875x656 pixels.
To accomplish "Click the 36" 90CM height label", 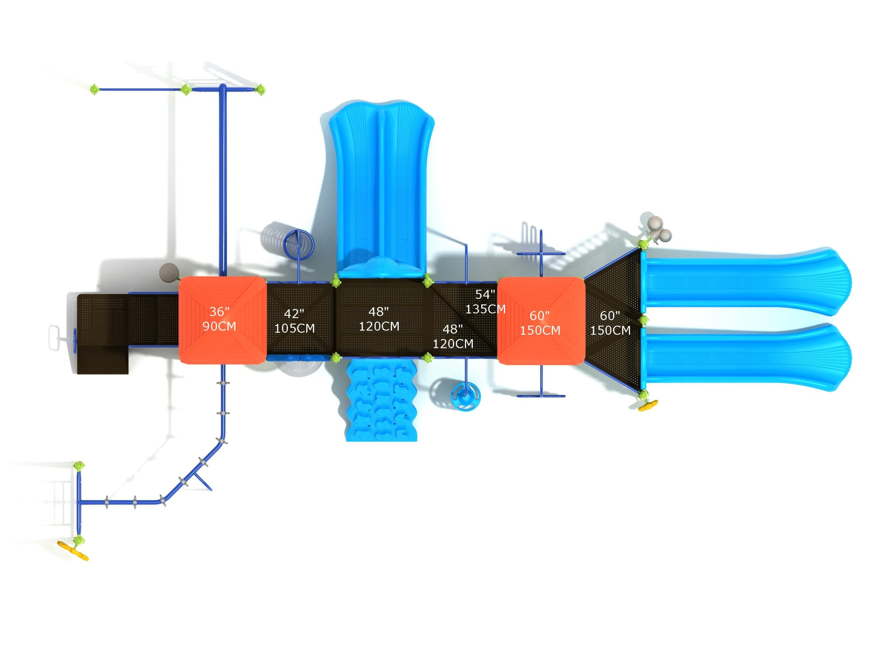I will tap(219, 319).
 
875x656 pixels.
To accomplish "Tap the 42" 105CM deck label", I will tap(294, 321).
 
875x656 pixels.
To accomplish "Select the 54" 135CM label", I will tap(485, 301).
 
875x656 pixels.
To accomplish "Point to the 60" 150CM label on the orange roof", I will tap(540, 323).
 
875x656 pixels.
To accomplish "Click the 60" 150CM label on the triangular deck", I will tap(610, 323).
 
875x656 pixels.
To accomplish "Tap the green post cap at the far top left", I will tap(94, 90).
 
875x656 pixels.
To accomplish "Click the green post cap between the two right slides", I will tap(644, 319).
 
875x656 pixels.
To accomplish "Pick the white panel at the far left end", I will tap(55, 337).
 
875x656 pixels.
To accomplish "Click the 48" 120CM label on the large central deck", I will tap(379, 319).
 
